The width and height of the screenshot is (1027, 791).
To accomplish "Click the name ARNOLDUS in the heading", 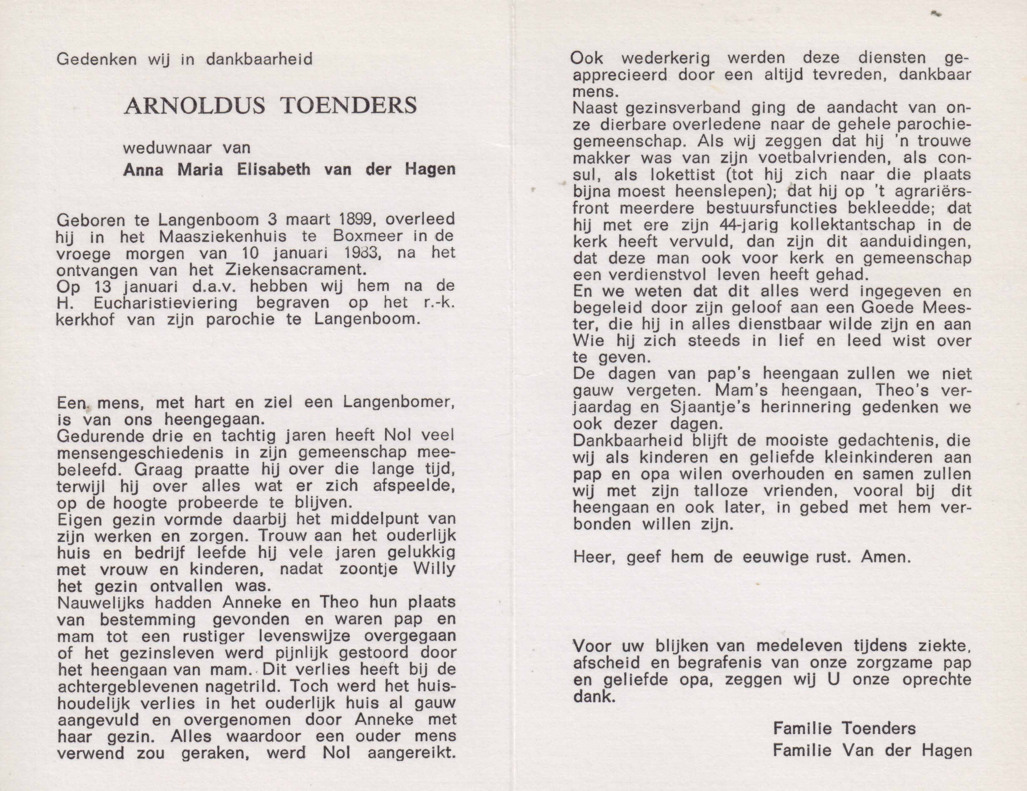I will click(x=194, y=106).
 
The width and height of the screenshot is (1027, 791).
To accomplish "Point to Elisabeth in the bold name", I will click(x=274, y=169).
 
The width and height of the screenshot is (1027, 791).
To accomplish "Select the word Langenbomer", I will click(x=399, y=403).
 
